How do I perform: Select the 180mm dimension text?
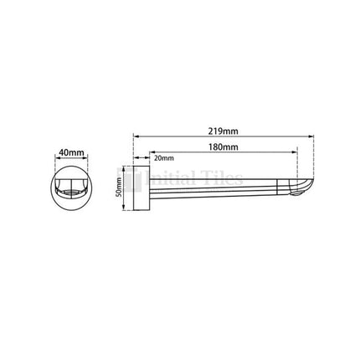pyautogui.click(x=224, y=147)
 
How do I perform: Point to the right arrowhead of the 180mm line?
pyautogui.click(x=295, y=153)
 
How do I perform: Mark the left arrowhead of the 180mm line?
pyautogui.click(x=152, y=153)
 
